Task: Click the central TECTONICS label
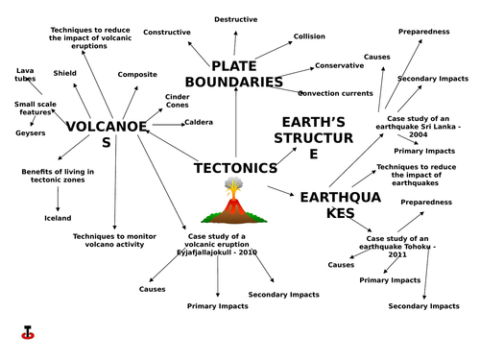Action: coord(235,168)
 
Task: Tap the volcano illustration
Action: coord(231,204)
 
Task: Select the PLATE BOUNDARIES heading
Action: coord(247,74)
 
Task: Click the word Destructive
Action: coord(235,19)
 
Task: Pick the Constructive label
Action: coord(167,32)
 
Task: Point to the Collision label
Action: coord(309,36)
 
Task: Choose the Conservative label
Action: coord(340,65)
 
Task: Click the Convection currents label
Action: coord(335,93)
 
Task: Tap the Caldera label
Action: coord(199,122)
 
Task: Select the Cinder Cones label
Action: coord(178,101)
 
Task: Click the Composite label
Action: coord(137,74)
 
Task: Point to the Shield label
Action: coord(65,72)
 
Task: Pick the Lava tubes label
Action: coord(26,74)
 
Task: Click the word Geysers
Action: coord(31,132)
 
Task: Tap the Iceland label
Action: coord(58,218)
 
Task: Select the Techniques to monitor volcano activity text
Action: coord(114,239)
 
